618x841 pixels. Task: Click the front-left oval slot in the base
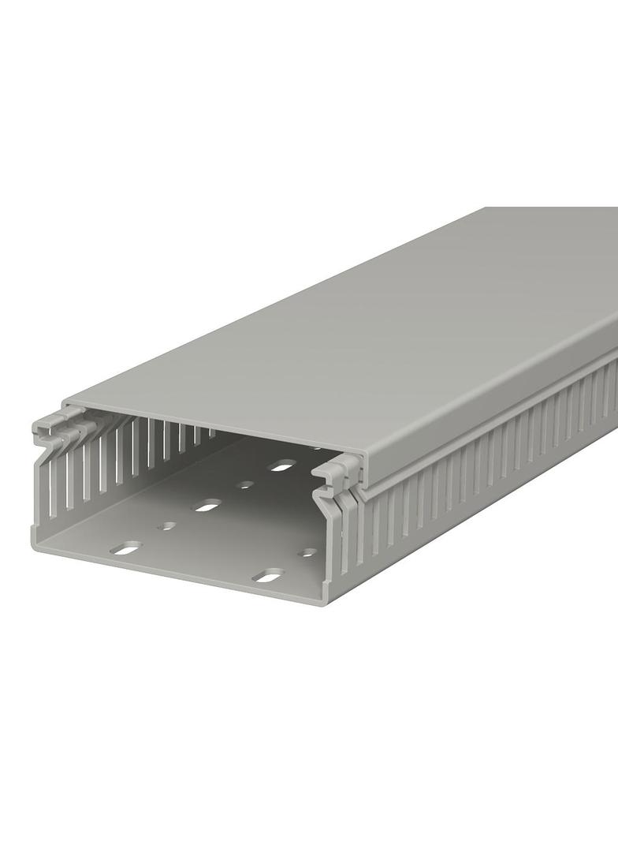126,548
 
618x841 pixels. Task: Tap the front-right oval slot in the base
268,576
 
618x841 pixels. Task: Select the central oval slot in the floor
207,505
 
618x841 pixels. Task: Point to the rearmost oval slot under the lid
281,465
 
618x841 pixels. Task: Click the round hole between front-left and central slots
166,525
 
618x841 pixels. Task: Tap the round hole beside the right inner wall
307,552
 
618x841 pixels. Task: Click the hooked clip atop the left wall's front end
52,430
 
